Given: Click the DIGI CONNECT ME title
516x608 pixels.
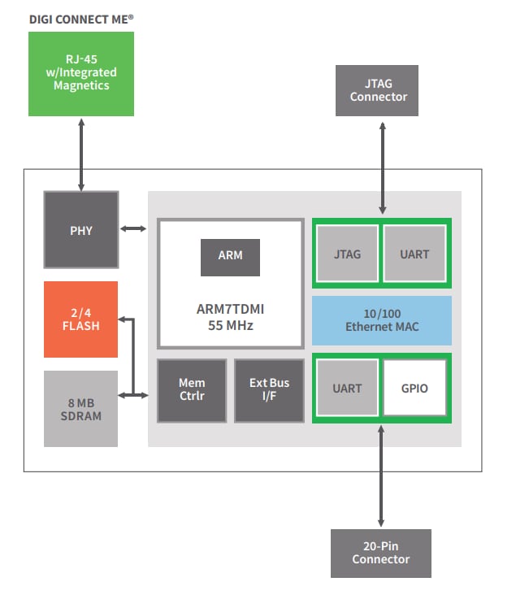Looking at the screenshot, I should (x=80, y=17).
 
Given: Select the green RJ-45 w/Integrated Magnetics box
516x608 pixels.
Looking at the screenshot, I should (x=80, y=73).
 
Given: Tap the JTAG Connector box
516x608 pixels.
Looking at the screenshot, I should (x=378, y=90).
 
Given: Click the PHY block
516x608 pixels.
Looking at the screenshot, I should (x=80, y=230).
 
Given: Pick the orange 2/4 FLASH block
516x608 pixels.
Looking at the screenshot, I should (x=80, y=319).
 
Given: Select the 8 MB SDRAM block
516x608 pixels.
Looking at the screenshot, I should (x=80, y=409).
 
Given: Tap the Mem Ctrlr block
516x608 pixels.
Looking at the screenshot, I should (x=192, y=390).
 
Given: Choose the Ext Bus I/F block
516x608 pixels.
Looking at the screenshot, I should (x=269, y=390).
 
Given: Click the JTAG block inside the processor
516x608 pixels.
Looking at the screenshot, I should (x=347, y=254).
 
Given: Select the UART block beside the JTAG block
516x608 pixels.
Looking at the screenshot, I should (x=414, y=254).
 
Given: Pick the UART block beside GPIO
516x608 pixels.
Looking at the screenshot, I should (x=347, y=389).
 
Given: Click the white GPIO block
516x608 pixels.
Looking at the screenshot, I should (x=414, y=389).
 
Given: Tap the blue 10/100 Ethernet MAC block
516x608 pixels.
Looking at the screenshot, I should (x=381, y=320).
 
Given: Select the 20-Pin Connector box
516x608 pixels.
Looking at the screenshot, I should (x=380, y=553).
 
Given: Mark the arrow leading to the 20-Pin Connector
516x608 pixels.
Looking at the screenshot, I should (x=380, y=476).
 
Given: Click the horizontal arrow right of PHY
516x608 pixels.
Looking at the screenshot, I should (x=132, y=229).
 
